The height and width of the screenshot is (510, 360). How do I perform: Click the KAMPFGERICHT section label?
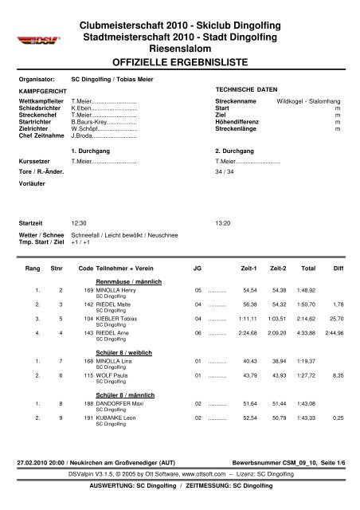[40, 92]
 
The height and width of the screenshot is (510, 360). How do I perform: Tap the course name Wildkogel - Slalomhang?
[305, 102]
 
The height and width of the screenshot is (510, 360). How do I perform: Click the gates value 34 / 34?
[225, 171]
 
